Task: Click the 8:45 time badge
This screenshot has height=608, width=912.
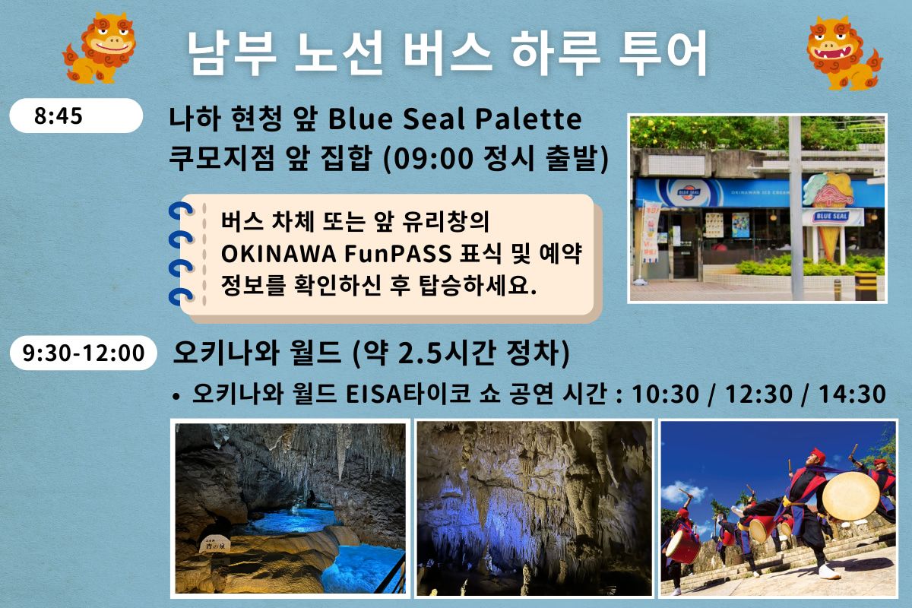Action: pos(76,116)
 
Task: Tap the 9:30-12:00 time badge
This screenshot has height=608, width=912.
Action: pos(84,353)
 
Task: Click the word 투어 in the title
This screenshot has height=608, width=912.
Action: pos(663,53)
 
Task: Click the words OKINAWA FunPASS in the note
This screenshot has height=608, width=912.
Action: pos(336,253)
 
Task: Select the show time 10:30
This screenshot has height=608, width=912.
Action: pos(665,394)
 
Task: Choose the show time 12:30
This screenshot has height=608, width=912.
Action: pos(759,394)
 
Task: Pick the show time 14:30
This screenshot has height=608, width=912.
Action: pos(852,394)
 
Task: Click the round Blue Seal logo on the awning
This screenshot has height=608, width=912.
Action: pos(689,192)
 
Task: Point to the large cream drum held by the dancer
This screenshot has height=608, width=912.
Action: pos(850,496)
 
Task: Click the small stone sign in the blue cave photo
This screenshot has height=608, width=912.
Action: pos(214,544)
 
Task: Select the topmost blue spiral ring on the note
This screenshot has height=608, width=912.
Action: pos(180,212)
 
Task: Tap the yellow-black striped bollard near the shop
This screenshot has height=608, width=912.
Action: pos(866,286)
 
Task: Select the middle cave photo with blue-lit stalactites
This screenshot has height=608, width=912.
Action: pos(534,508)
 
